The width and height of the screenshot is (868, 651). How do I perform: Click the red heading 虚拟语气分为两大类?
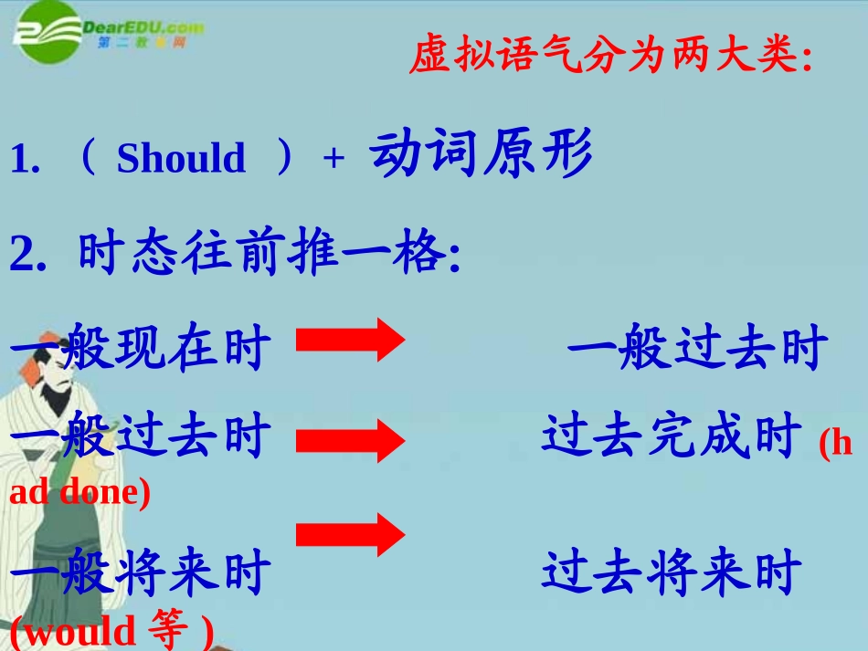click(609, 57)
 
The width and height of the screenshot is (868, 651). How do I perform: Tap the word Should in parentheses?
click(181, 159)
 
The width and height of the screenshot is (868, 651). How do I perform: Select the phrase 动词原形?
click(482, 153)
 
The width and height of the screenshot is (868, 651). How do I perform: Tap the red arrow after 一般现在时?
click(351, 341)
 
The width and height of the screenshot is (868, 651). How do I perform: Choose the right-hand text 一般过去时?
click(697, 349)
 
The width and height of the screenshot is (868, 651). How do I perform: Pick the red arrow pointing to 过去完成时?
click(351, 442)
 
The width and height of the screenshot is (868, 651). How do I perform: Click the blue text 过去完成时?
click(672, 436)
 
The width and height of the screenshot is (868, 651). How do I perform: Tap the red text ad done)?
click(79, 492)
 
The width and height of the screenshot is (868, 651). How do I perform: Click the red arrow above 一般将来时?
click(351, 534)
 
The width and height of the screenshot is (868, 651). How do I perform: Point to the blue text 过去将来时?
click(672, 573)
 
